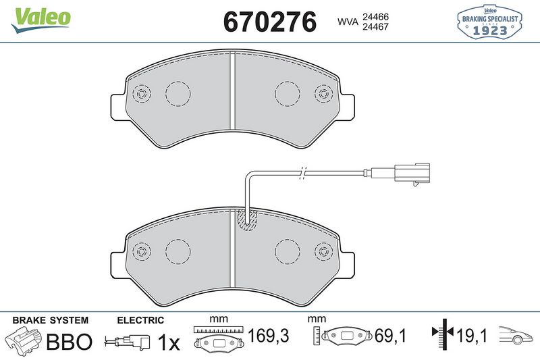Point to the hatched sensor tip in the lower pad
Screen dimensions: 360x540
coord(247,219)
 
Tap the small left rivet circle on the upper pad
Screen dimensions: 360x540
coord(142,93)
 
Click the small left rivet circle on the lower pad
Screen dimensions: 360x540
coord(142,251)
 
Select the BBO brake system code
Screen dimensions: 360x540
coord(68,342)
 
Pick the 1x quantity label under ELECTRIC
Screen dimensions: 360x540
coord(168,342)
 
